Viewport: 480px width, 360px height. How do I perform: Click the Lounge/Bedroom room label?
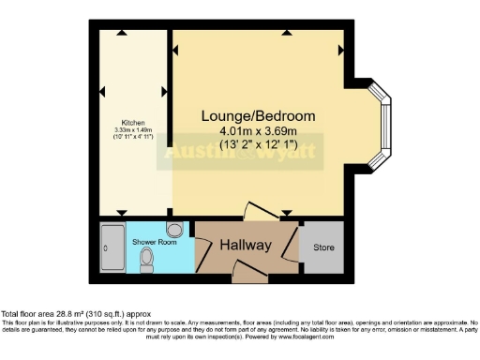tap(259, 115)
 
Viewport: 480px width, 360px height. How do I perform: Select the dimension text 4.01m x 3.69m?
tap(259, 131)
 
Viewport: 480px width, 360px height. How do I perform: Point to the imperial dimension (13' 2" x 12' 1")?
tap(259, 144)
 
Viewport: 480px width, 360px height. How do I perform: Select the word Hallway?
tap(246, 246)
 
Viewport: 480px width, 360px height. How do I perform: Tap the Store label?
tap(323, 247)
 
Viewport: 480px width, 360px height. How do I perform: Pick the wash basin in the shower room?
tap(174, 231)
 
